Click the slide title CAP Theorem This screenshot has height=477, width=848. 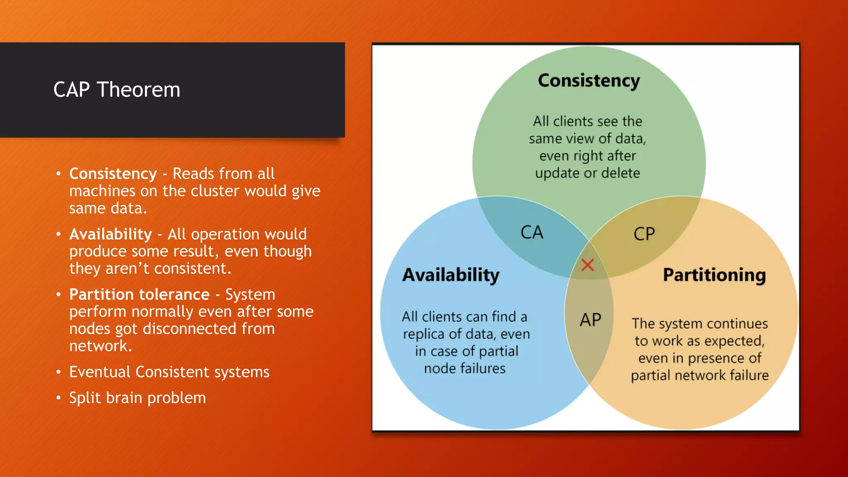click(x=117, y=90)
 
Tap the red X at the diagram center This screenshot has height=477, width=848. click(x=588, y=265)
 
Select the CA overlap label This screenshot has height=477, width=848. click(x=532, y=233)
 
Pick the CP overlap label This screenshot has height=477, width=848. click(x=644, y=234)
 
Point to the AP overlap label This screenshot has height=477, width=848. click(x=590, y=320)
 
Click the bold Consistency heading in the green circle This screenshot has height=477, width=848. click(x=589, y=80)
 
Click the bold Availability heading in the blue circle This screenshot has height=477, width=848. click(x=451, y=275)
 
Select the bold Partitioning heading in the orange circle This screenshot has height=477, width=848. click(x=714, y=275)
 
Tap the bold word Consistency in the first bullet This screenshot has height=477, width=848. click(x=113, y=174)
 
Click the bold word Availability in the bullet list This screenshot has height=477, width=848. click(x=111, y=234)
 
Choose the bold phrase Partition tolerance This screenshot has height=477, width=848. click(x=139, y=294)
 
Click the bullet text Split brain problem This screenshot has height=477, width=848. click(x=137, y=398)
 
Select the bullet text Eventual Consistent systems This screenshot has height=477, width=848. click(x=169, y=372)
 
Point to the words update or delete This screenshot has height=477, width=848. click(x=587, y=173)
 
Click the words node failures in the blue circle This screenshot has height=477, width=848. click(x=465, y=369)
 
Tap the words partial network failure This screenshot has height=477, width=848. click(x=699, y=376)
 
